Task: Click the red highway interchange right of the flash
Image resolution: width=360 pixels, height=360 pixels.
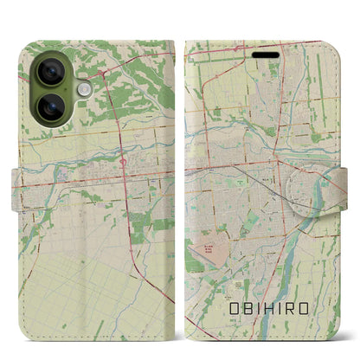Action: [x=103, y=76]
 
